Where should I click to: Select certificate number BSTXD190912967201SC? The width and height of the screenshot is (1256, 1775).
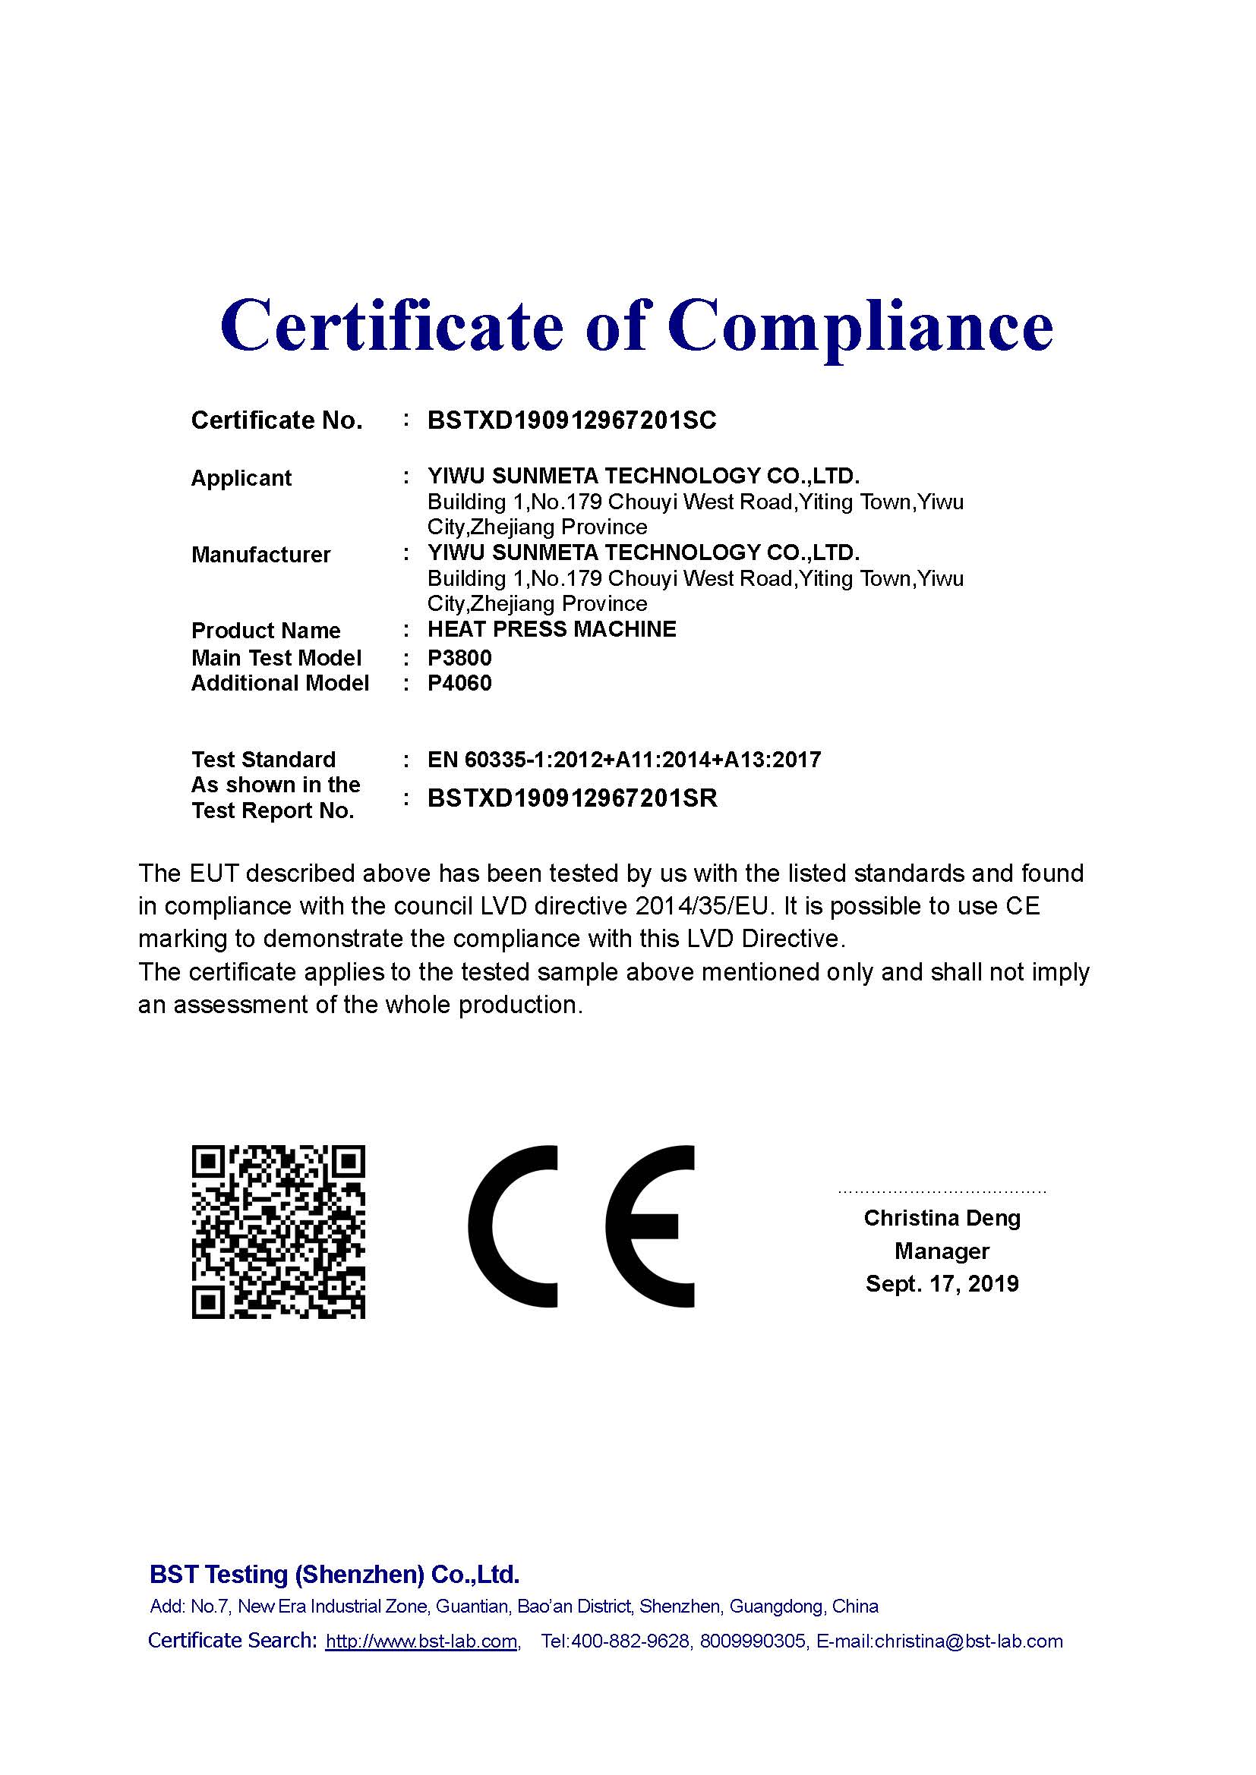(x=572, y=420)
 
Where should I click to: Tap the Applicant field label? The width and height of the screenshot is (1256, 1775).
(x=241, y=478)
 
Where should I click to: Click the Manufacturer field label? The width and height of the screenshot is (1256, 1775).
(x=260, y=554)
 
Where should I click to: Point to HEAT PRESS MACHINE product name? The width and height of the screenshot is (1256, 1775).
(x=551, y=629)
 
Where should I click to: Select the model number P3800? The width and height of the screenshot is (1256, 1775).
(x=459, y=658)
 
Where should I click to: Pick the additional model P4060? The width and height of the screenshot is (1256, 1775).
(x=459, y=684)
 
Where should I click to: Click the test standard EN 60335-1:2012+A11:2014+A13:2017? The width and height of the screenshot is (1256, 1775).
(x=623, y=760)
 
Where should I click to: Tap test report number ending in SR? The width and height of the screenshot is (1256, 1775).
(x=572, y=798)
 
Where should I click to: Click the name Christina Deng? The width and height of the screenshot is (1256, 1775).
(x=941, y=1219)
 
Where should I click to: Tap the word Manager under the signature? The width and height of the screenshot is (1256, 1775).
(x=941, y=1251)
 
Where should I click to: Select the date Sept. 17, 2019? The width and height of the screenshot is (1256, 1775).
(x=941, y=1284)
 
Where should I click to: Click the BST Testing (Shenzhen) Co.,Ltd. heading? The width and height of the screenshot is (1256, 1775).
(x=334, y=1575)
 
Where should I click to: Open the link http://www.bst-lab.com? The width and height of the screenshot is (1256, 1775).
(x=421, y=1641)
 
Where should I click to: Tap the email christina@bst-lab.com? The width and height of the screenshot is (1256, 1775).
(x=968, y=1641)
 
